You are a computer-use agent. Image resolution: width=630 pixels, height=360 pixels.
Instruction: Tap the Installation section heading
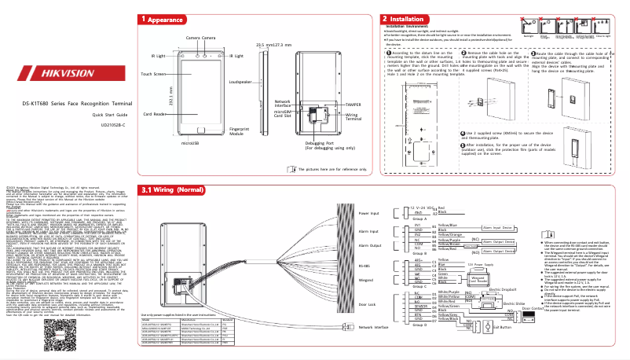408,19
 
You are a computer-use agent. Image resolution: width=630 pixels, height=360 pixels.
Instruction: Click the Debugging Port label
325,144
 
